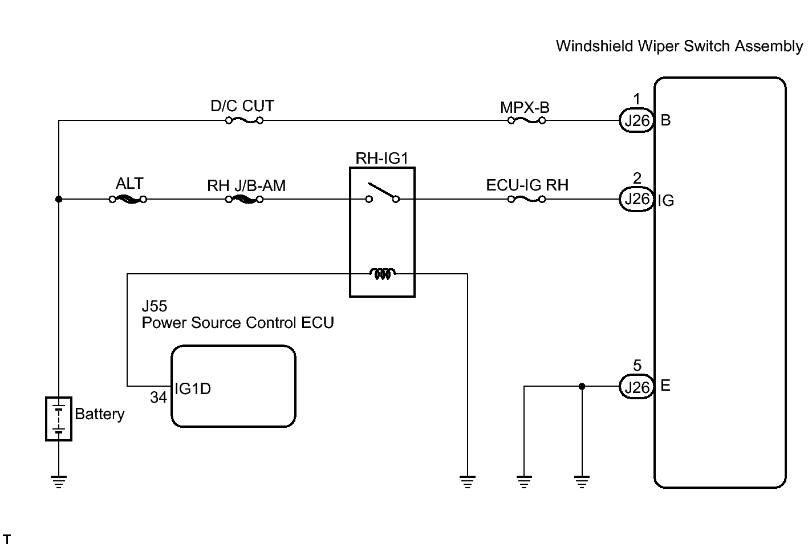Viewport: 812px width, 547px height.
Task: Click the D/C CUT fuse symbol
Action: pos(244,120)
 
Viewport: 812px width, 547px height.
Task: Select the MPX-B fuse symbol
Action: pos(526,120)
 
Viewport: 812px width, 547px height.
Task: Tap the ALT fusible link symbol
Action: pos(128,200)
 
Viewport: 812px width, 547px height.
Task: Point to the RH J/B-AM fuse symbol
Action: pos(244,200)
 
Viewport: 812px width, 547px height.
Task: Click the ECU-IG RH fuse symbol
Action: pos(526,200)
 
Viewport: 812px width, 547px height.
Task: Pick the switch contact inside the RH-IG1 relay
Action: pos(383,193)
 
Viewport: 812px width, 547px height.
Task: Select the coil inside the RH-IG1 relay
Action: pos(383,274)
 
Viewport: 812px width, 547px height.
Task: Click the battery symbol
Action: pos(59,419)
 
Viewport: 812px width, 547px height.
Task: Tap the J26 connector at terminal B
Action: pos(636,120)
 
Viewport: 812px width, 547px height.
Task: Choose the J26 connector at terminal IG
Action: pos(636,199)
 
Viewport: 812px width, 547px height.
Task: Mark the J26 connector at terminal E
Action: pos(636,387)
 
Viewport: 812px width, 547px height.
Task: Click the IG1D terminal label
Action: pos(193,388)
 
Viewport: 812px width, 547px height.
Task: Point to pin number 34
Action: pos(159,398)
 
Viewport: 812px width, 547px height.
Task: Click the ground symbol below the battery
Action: pos(59,482)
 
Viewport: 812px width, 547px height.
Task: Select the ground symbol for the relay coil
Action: pos(467,482)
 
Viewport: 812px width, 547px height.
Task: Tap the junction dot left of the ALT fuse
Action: pos(59,200)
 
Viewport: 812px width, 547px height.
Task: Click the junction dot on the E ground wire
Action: pos(582,386)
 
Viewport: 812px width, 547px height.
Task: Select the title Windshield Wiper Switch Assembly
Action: pos(679,46)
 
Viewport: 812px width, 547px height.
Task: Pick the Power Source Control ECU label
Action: pos(238,323)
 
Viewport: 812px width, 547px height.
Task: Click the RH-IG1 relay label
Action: pos(381,158)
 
